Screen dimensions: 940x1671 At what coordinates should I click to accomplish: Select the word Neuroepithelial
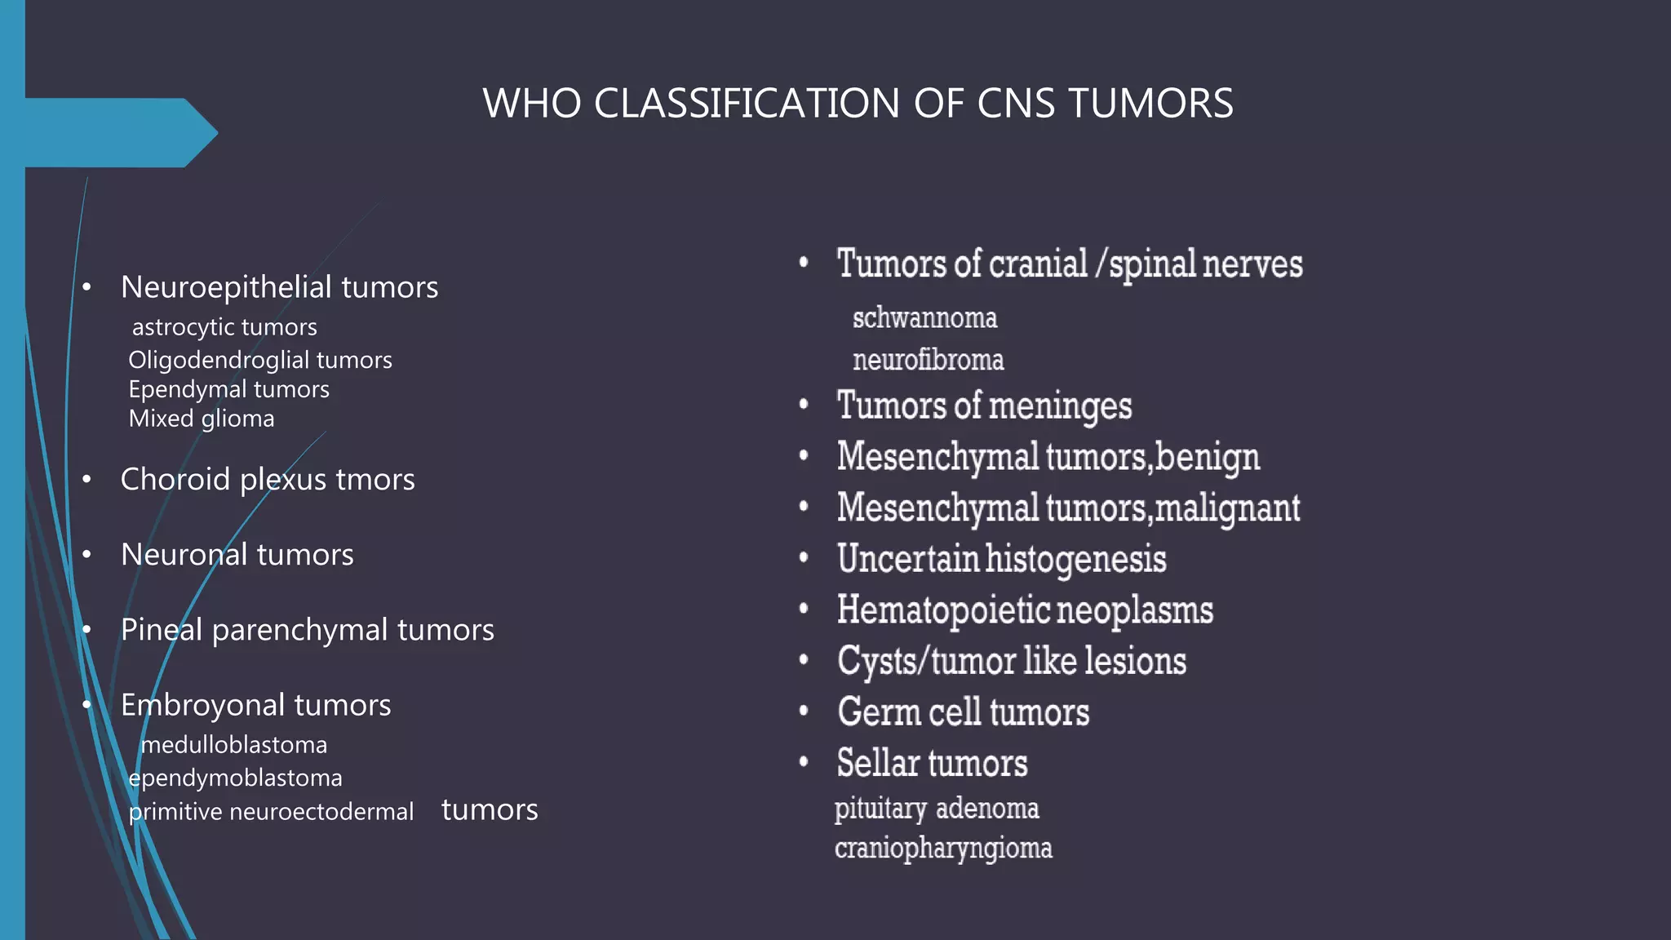pos(226,287)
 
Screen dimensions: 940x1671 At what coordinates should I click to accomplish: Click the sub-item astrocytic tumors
pos(224,327)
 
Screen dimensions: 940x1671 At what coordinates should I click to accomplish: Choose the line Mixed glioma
pos(202,419)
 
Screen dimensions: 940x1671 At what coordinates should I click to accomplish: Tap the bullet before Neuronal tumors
pos(86,555)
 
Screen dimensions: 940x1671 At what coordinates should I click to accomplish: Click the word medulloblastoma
pos(234,745)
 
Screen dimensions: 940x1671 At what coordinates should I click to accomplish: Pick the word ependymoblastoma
pos(236,778)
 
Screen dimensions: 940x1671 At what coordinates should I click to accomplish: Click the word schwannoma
pos(924,318)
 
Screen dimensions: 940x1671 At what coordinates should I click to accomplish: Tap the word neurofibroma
pos(928,360)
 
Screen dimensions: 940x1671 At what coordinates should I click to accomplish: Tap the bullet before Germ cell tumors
pos(804,712)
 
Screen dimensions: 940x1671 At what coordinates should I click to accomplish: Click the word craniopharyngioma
pos(943,849)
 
